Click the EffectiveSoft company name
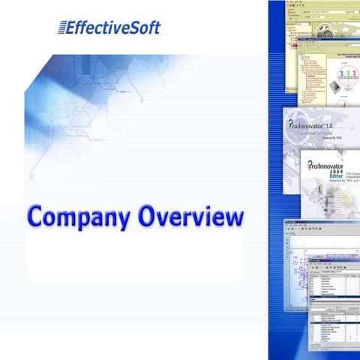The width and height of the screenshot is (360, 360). (x=113, y=28)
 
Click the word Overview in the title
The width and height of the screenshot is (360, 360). (x=190, y=217)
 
